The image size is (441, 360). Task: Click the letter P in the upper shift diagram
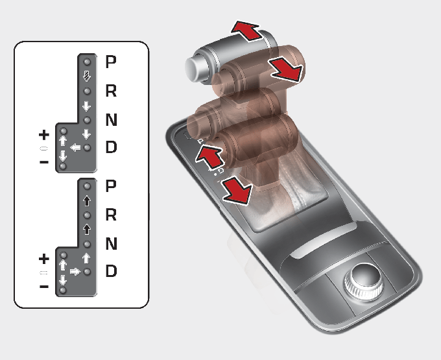tap(111, 62)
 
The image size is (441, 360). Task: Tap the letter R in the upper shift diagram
tap(111, 91)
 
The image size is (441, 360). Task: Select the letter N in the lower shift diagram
tap(112, 243)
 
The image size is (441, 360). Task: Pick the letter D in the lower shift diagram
tap(111, 271)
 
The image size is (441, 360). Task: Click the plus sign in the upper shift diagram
tap(44, 135)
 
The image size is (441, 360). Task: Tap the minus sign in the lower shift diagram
tap(44, 287)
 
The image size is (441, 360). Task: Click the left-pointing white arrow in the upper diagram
tap(75, 147)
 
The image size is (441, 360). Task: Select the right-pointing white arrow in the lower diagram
tap(75, 271)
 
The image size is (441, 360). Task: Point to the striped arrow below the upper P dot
tap(87, 76)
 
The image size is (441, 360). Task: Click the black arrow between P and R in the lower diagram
tap(87, 200)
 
